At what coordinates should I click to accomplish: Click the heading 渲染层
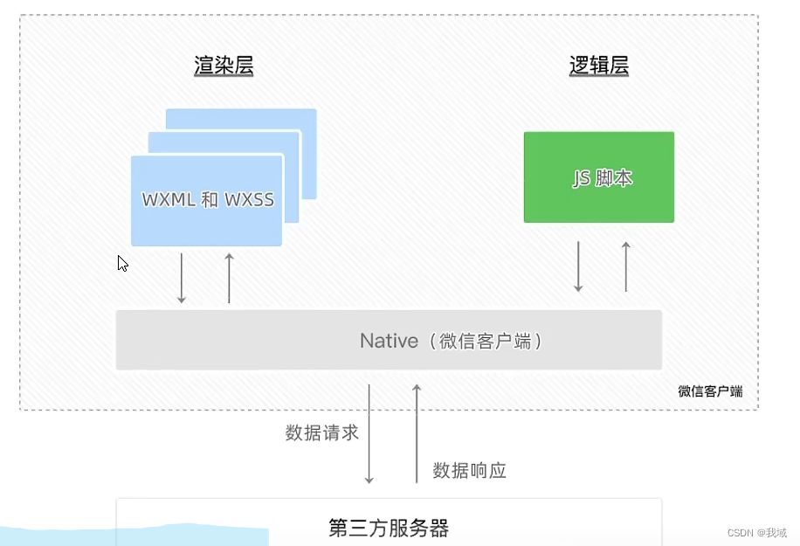click(x=224, y=66)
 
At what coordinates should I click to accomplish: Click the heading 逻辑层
click(x=599, y=66)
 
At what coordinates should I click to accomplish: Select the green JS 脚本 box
click(x=599, y=177)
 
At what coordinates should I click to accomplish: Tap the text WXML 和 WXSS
click(x=208, y=200)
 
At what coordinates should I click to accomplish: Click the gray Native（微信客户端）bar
click(x=389, y=341)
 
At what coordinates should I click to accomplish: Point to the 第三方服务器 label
click(x=389, y=528)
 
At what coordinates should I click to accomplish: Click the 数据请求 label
click(x=321, y=432)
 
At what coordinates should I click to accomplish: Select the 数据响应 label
click(x=469, y=471)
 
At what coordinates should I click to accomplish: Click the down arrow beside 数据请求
click(x=369, y=433)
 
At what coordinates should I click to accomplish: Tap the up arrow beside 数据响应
click(x=417, y=433)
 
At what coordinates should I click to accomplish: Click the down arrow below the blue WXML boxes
click(x=182, y=278)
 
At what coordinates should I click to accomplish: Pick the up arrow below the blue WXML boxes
click(x=229, y=278)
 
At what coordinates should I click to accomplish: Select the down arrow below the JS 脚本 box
click(x=578, y=266)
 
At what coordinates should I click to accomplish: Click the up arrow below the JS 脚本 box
click(x=625, y=266)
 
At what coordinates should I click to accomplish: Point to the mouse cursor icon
click(x=122, y=263)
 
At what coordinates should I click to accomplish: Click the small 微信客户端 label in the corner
click(x=710, y=391)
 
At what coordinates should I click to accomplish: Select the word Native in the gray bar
click(x=389, y=341)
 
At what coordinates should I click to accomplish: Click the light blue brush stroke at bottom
click(x=131, y=534)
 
